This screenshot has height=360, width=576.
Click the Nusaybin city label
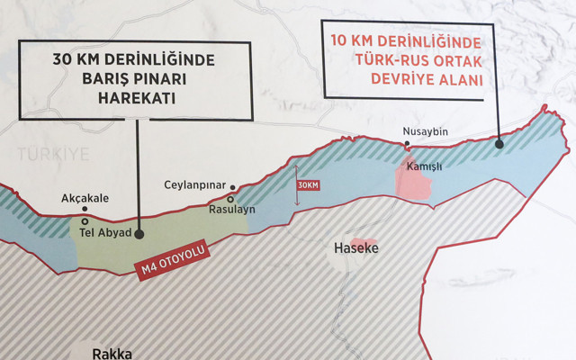[426, 133]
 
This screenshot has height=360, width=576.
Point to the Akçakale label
[85, 199]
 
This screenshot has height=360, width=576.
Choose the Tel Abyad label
[104, 232]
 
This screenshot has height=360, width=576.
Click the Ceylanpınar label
[193, 184]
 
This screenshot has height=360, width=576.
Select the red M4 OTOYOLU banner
[171, 259]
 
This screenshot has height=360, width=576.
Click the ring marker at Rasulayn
[231, 199]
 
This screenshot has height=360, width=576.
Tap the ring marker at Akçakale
[85, 219]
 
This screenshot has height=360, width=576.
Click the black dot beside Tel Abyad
[138, 232]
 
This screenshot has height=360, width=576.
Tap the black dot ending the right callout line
[499, 141]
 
